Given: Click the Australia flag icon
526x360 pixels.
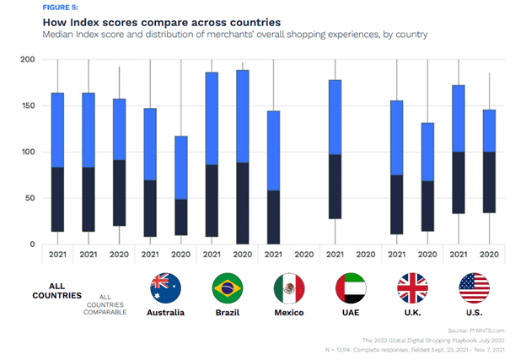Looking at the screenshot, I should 164,288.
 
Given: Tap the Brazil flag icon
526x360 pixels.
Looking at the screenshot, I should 226,288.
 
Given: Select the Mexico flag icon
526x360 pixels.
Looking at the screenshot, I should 288,288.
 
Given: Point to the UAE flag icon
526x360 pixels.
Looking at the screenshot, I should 351,288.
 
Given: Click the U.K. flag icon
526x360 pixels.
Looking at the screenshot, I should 412,288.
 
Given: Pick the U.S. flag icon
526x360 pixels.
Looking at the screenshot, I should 474,288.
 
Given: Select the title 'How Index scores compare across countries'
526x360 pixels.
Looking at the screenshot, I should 127,19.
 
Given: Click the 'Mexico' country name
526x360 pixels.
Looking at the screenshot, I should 288,313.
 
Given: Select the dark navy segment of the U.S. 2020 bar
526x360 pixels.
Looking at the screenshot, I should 489,182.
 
